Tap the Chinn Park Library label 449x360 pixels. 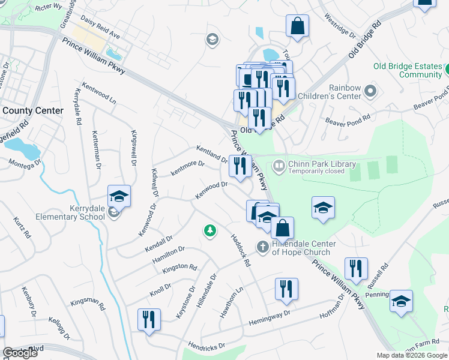[322, 164]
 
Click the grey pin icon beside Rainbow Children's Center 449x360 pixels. [370, 92]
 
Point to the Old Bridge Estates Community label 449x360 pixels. [407, 70]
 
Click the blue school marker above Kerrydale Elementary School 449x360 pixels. [119, 197]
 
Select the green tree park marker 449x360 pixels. [209, 230]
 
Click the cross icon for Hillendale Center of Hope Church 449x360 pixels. [262, 247]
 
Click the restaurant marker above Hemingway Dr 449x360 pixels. [286, 290]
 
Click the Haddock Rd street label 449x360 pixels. [240, 250]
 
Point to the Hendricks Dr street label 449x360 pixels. [205, 346]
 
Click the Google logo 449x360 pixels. [20, 353]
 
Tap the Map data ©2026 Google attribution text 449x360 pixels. [411, 355]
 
